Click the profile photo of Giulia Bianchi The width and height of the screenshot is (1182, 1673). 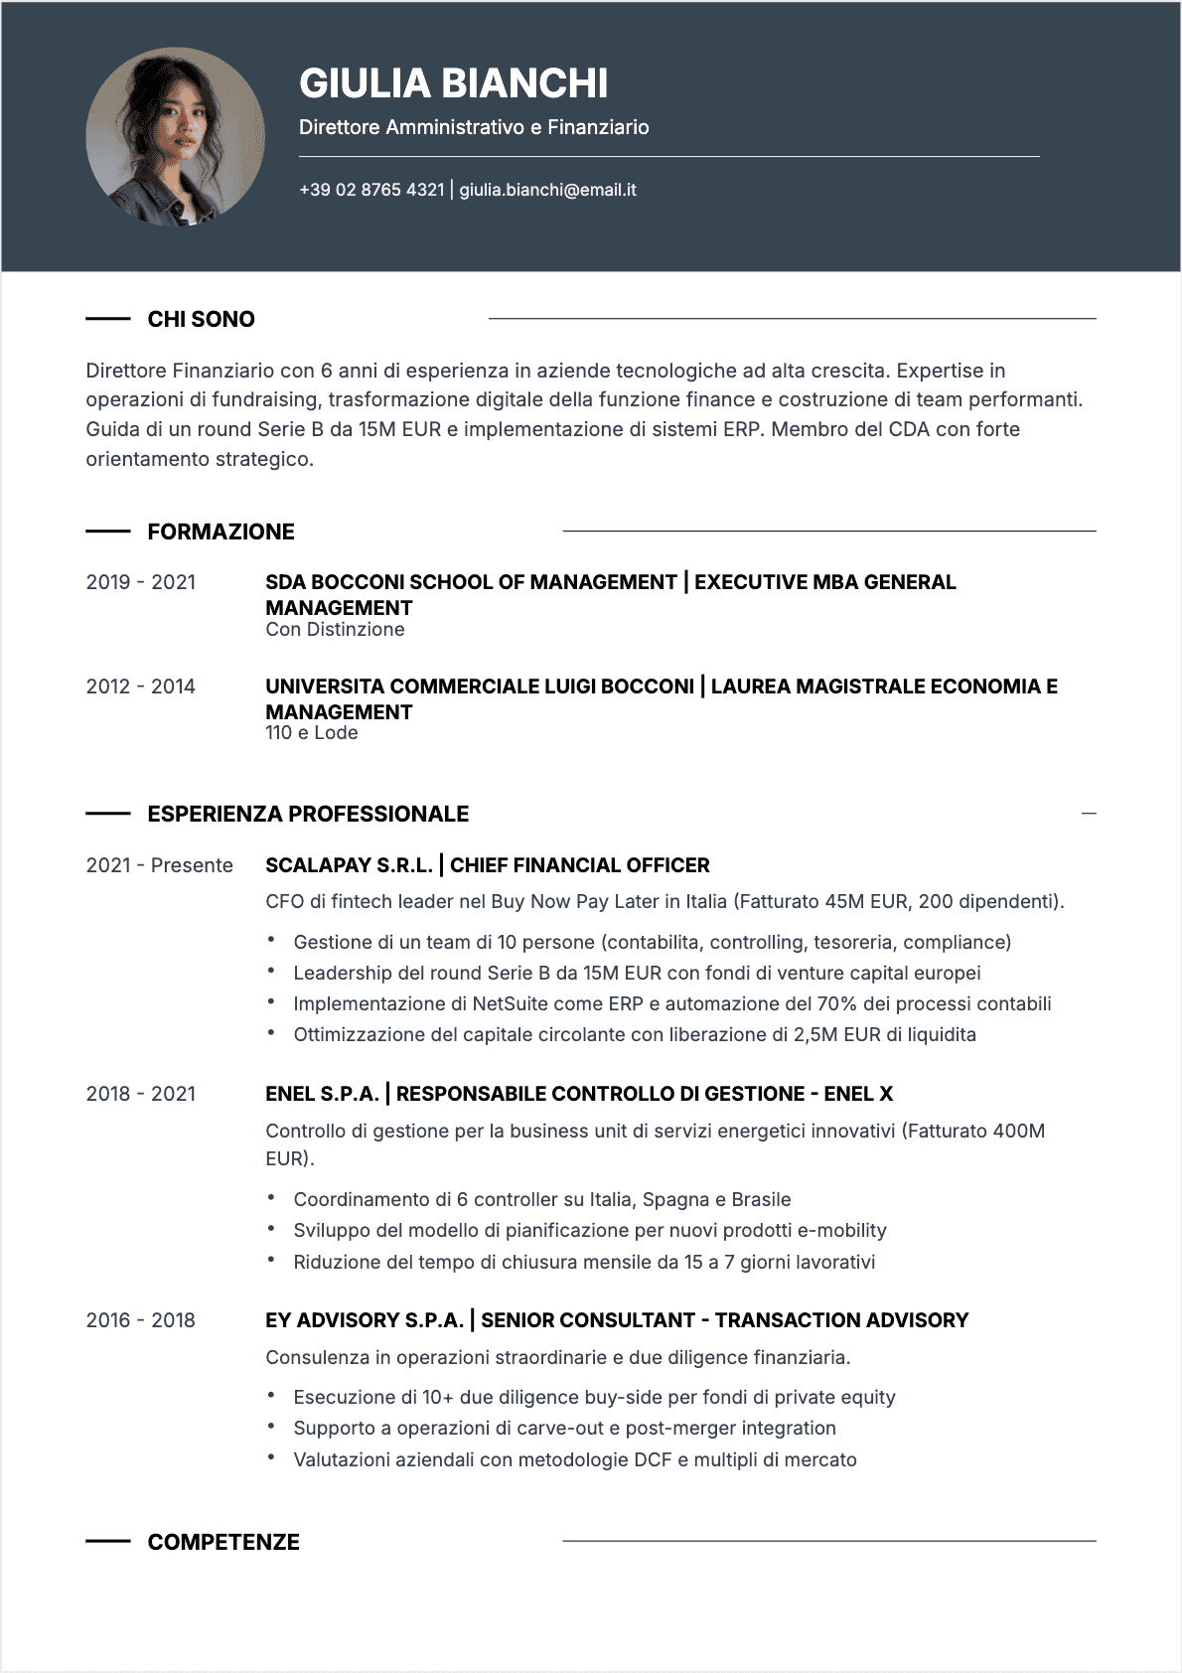coord(176,137)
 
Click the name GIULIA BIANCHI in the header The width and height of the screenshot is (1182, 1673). coord(453,83)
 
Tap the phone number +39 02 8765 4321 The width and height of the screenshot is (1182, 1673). coord(371,190)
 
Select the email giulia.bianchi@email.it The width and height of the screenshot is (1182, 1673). coord(547,190)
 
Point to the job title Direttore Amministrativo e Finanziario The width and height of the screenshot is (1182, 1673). coord(474,127)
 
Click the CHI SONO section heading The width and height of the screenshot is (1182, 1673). coord(201,319)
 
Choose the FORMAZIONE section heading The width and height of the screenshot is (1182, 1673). coord(221,532)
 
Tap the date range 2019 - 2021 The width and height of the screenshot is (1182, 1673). coord(141,582)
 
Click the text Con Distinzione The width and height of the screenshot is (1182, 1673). coord(335,630)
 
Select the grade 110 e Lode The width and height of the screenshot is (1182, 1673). coord(311,733)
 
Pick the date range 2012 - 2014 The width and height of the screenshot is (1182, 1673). coord(141,686)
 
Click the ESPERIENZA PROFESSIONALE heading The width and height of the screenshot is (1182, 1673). coord(308,814)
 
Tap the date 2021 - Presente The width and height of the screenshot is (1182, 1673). coord(159,865)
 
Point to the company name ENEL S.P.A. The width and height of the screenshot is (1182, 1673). coord(322,1094)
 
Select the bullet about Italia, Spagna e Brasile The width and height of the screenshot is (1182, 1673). coord(542,1199)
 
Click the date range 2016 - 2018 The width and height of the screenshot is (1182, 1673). coord(141,1320)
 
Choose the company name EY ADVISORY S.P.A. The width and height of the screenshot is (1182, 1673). coord(364,1320)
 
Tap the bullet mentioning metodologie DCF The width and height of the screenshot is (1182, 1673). coord(575,1459)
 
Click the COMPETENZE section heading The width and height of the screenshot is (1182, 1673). coord(223,1542)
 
